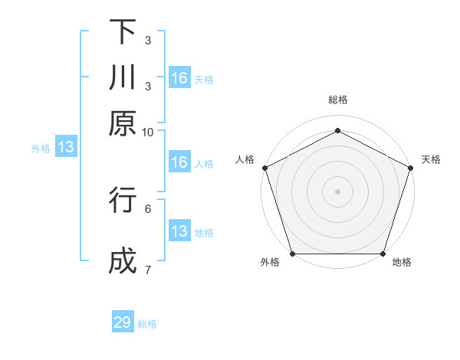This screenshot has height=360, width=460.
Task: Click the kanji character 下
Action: tap(123, 33)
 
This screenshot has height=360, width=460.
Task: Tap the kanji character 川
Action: tap(123, 78)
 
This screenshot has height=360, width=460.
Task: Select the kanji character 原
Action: tap(123, 123)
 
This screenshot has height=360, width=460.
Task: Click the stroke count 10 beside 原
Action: tap(148, 132)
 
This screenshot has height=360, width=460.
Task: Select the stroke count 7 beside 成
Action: tap(148, 269)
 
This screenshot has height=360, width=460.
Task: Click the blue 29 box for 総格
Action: tap(123, 322)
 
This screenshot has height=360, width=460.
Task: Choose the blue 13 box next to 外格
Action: tap(66, 148)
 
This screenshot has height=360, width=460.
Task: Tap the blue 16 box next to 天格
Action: tap(179, 78)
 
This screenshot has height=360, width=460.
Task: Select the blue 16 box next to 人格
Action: tap(179, 162)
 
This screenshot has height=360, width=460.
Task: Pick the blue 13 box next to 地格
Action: tap(179, 231)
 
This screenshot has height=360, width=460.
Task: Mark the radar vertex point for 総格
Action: tap(337, 130)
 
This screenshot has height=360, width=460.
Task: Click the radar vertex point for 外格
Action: tap(292, 254)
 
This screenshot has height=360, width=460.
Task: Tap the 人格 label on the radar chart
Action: tap(245, 159)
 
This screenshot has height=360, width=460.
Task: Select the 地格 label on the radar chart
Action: tap(402, 263)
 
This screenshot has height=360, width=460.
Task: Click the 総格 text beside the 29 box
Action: tap(148, 324)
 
